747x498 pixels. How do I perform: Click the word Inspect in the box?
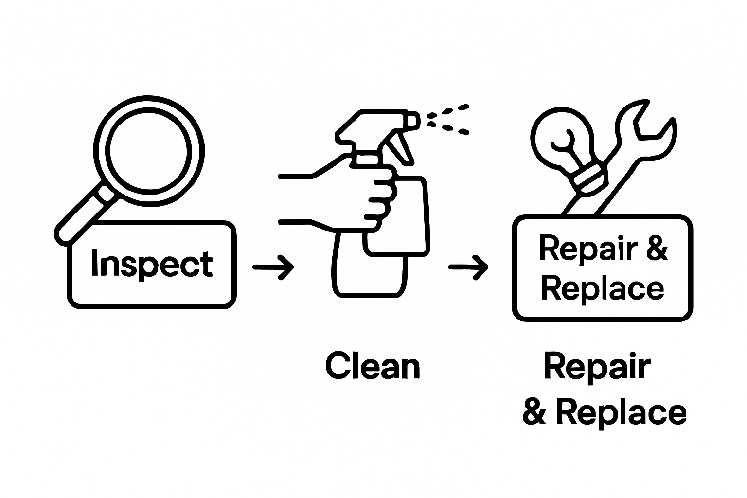[x=152, y=264]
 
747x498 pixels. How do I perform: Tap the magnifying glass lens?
[x=149, y=151]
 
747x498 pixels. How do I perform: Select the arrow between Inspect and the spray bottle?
[x=273, y=267]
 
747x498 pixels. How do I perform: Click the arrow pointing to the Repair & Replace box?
[x=468, y=267]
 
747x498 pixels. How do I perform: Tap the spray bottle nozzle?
[x=411, y=122]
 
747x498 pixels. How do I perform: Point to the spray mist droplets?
[x=447, y=120]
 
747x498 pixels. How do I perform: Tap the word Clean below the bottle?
[x=373, y=366]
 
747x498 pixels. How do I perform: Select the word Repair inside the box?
[x=588, y=249]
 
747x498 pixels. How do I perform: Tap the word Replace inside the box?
[x=602, y=288]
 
